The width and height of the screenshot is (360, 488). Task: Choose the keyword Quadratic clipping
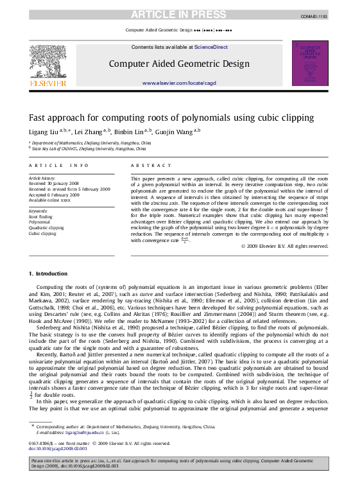pos(47,228)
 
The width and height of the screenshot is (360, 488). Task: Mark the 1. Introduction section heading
pos(48,274)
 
